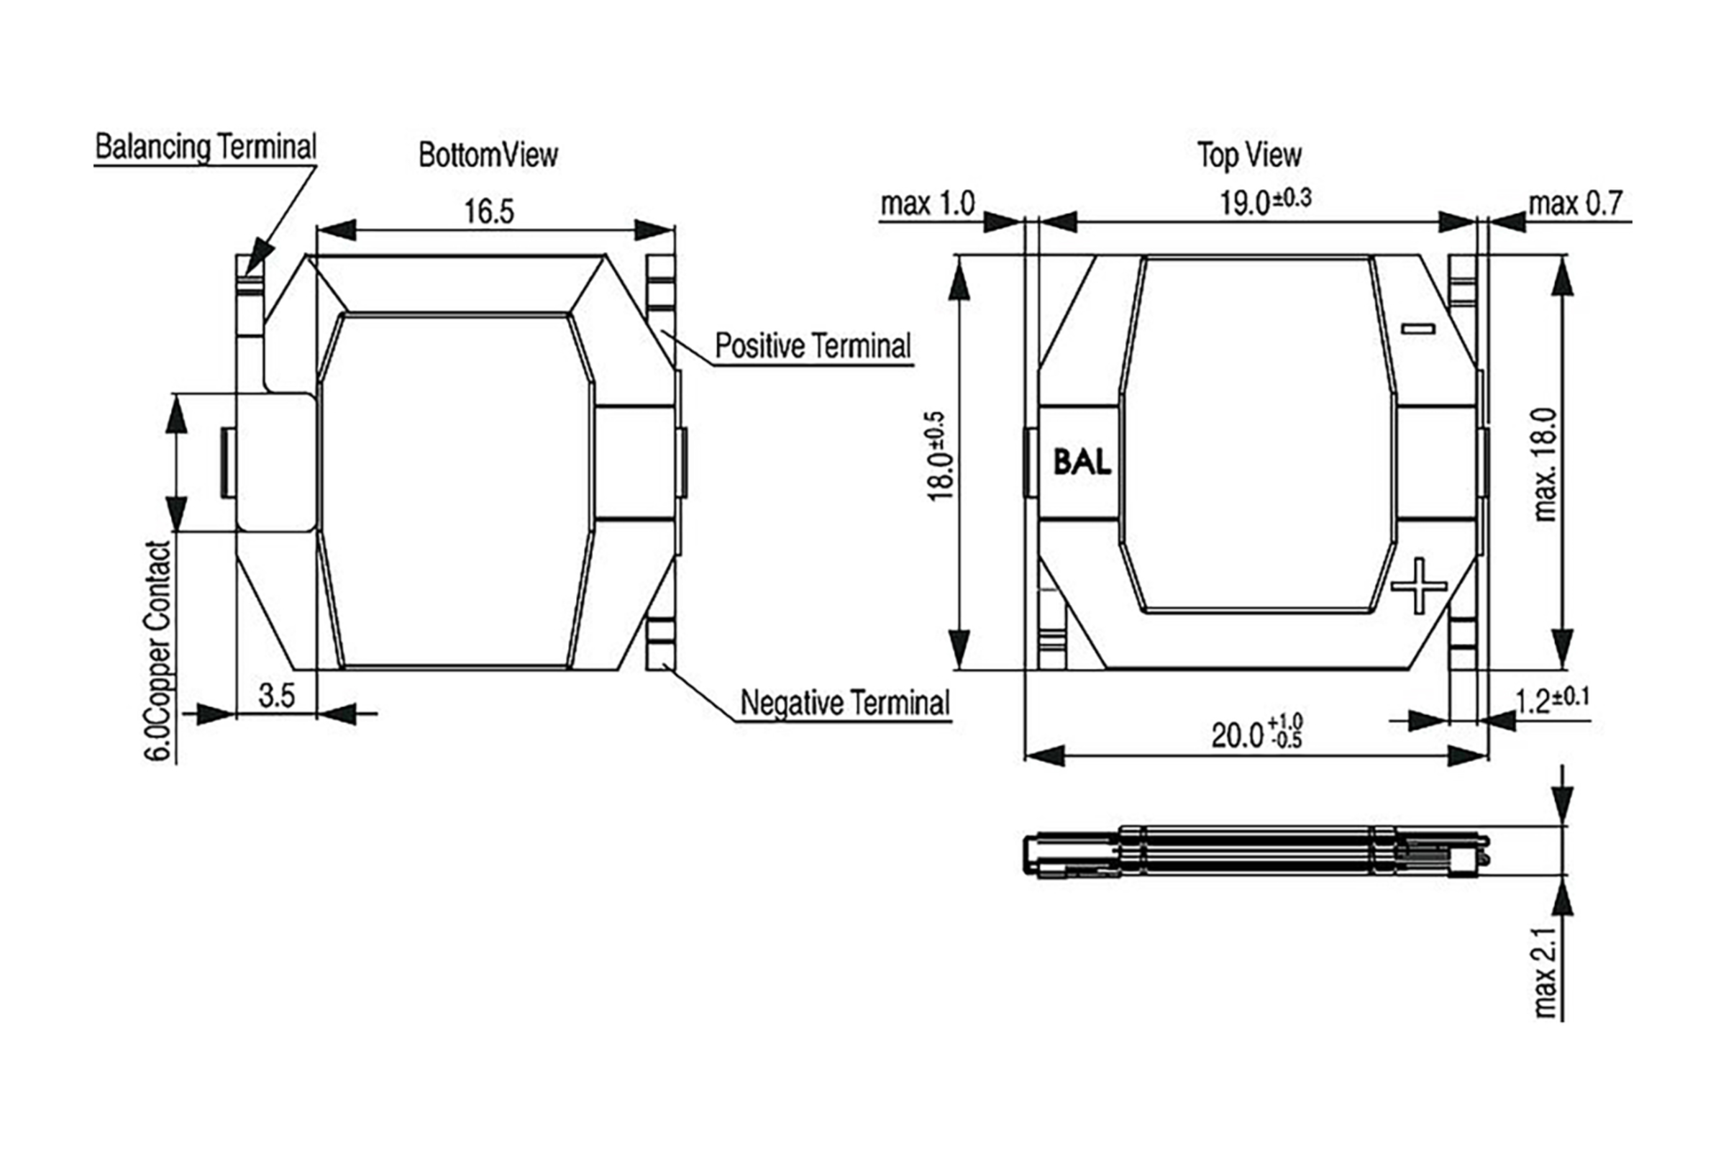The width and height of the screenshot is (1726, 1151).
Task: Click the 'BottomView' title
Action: tap(488, 155)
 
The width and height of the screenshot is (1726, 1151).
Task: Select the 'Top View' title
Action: tap(1249, 155)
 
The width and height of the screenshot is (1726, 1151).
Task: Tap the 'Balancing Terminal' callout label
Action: tap(206, 147)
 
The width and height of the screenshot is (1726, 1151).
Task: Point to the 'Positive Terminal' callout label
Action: tap(813, 346)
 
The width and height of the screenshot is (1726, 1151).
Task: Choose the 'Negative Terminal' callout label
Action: tap(846, 703)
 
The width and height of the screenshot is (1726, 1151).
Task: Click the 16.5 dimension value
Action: tap(490, 211)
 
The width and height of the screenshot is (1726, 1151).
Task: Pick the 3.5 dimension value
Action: tap(277, 694)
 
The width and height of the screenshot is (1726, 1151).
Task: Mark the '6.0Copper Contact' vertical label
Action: tap(157, 650)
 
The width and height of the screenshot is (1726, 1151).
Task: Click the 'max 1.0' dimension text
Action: tap(928, 204)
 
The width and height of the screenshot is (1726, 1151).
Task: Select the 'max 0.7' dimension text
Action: tap(1575, 204)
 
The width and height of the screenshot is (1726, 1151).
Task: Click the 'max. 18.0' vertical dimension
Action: tap(1544, 464)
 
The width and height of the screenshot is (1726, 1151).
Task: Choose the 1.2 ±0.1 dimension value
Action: tap(1552, 700)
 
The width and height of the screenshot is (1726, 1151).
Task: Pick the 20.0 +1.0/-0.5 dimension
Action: tap(1256, 733)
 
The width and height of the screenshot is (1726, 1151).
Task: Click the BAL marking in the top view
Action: tap(1082, 463)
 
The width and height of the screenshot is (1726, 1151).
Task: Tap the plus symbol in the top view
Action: tap(1418, 585)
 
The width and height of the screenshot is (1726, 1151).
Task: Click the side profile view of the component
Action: tap(1255, 852)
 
